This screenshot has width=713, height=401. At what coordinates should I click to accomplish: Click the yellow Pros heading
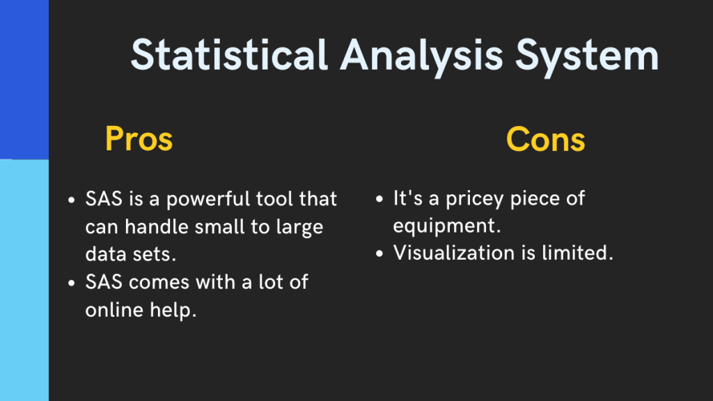139,139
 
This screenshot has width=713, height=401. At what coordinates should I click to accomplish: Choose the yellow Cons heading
545,139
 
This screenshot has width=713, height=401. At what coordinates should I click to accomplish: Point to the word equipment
447,226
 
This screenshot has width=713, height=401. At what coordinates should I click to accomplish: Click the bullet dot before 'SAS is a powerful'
72,200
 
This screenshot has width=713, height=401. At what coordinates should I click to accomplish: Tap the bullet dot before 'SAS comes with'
72,283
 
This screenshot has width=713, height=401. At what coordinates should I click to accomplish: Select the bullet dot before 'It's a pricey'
379,200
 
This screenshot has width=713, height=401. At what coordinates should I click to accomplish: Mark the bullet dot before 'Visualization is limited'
379,254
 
